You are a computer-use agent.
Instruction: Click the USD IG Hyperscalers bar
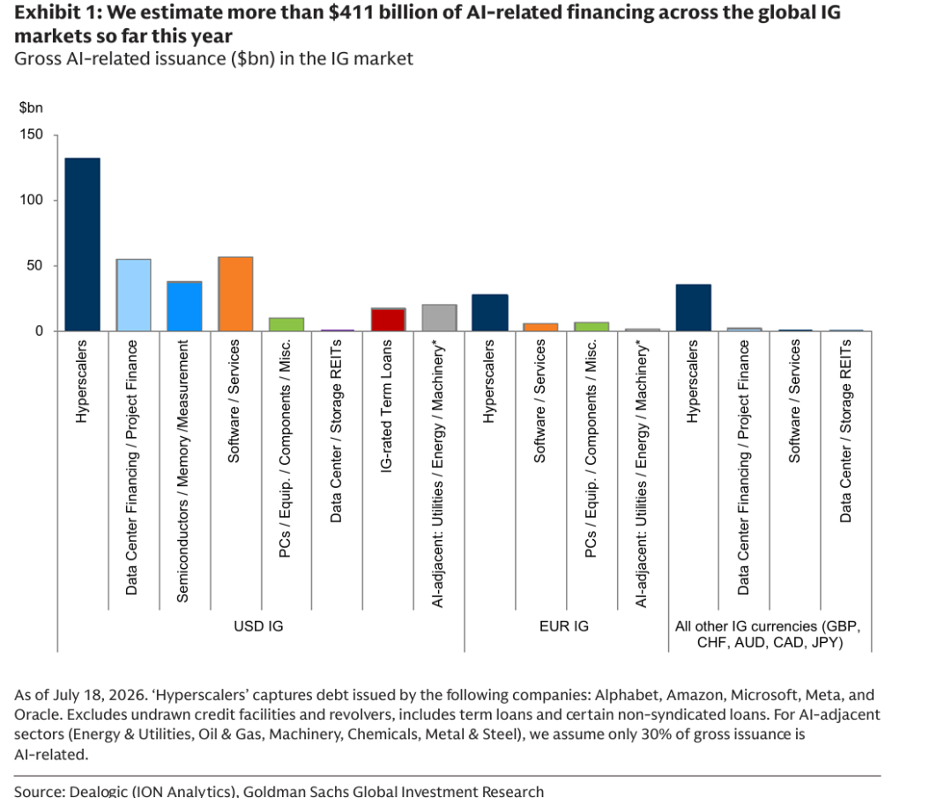pyautogui.click(x=83, y=245)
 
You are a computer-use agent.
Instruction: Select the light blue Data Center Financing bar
pyautogui.click(x=134, y=295)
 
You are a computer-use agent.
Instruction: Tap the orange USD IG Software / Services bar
pyautogui.click(x=235, y=293)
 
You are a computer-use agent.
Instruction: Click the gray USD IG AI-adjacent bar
pyautogui.click(x=439, y=317)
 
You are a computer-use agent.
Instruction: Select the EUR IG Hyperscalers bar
pyautogui.click(x=490, y=313)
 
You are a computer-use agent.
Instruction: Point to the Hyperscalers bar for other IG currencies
pyautogui.click(x=694, y=307)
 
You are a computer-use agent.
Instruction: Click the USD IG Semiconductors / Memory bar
pyautogui.click(x=184, y=307)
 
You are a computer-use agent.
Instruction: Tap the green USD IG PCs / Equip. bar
pyautogui.click(x=286, y=324)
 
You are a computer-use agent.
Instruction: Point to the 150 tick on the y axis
pyautogui.click(x=31, y=134)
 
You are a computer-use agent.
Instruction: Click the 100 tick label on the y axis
pyautogui.click(x=31, y=200)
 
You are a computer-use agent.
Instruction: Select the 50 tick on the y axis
pyautogui.click(x=34, y=265)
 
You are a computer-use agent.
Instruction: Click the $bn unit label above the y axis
pyautogui.click(x=31, y=108)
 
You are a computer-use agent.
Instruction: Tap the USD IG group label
pyautogui.click(x=258, y=625)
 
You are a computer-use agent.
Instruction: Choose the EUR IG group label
pyautogui.click(x=564, y=625)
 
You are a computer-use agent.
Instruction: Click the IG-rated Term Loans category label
pyautogui.click(x=386, y=406)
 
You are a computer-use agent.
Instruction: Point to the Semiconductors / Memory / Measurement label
pyautogui.click(x=182, y=471)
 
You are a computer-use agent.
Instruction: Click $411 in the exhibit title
pyautogui.click(x=352, y=12)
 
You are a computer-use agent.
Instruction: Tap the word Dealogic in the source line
pyautogui.click(x=94, y=791)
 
